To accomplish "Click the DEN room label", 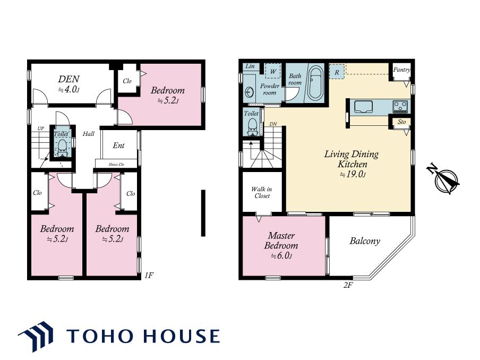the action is tap(69, 79).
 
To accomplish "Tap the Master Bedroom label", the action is tap(281, 241).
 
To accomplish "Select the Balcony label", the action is tap(365, 241).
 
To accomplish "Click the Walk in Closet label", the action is tap(262, 192).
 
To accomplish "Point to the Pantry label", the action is tap(401, 70).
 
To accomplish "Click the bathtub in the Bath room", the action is tap(315, 83).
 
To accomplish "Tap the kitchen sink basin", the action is tap(363, 107).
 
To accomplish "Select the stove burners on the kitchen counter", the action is tap(400, 107).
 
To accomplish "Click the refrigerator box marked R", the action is tap(337, 72).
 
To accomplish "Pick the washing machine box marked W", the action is tap(273, 71).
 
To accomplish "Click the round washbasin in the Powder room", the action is tap(250, 92).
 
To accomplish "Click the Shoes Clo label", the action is tap(116, 165).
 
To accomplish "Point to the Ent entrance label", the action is tap(118, 145).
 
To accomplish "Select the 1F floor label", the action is tap(149, 275).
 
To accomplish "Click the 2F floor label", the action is tap(348, 285).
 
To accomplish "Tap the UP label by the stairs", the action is tap(41, 128).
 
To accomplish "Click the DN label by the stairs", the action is tap(273, 124).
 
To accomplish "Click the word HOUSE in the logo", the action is tap(182, 336).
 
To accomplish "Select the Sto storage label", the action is tap(401, 122).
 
